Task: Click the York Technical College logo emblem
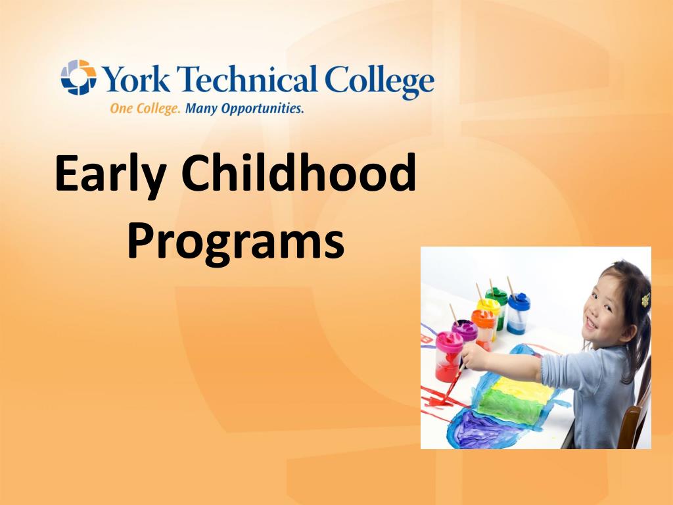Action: pyautogui.click(x=78, y=78)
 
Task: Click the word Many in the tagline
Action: pyautogui.click(x=201, y=108)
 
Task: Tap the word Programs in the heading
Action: pyautogui.click(x=235, y=241)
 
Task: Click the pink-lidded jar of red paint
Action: pyautogui.click(x=449, y=355)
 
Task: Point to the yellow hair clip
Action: pyautogui.click(x=646, y=300)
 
